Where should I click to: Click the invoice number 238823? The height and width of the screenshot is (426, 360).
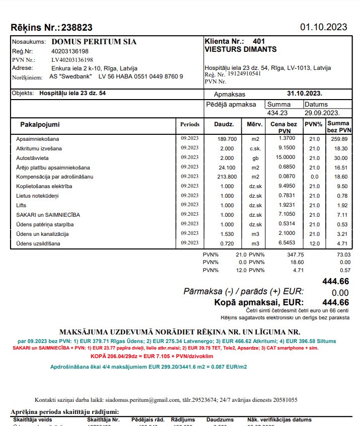pos(76,28)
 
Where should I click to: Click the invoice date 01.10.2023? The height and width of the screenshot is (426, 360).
pos(323,27)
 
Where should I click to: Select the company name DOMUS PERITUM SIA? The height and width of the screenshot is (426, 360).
pos(94,42)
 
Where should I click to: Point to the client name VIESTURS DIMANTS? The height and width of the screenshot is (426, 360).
pos(240,49)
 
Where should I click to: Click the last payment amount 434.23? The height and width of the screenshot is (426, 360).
pos(278,113)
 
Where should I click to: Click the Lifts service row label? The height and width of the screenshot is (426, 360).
pos(22,205)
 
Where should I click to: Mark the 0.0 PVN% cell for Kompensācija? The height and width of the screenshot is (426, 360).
pos(314,177)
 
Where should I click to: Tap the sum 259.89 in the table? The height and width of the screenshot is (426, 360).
pos(339,139)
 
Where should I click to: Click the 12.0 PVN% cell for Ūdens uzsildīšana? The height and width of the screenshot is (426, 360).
pos(314,243)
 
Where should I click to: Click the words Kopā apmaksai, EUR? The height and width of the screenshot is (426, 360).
pos(259,302)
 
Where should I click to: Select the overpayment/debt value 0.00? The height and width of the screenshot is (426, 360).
pos(340,293)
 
